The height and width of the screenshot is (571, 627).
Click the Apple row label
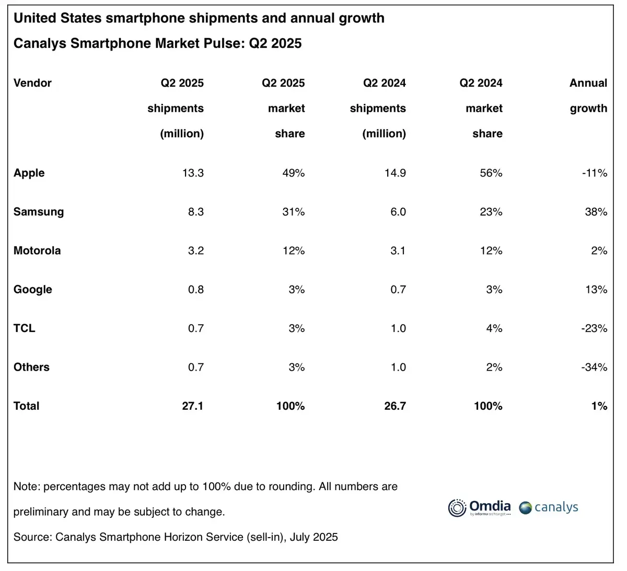[x=29, y=173]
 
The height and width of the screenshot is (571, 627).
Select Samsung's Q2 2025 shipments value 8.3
[x=196, y=212]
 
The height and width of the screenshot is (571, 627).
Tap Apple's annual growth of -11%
[x=595, y=173]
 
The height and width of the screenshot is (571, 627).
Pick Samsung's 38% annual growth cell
[x=596, y=212]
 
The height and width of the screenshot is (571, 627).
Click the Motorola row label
[x=37, y=251]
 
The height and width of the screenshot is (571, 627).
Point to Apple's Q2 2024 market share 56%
[x=491, y=173]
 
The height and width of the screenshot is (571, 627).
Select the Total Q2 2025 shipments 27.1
[x=193, y=406]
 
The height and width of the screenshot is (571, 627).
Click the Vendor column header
[x=32, y=83]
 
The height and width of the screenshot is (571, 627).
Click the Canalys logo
[x=549, y=507]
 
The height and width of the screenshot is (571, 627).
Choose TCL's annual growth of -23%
[x=595, y=328]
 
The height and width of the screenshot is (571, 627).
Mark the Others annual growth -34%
[x=595, y=367]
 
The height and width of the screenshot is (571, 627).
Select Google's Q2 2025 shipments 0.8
[x=196, y=290]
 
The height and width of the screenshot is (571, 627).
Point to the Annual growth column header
[x=588, y=96]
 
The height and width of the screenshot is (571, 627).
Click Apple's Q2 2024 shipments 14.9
[x=395, y=173]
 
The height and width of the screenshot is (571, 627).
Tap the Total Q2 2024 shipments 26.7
[x=395, y=406]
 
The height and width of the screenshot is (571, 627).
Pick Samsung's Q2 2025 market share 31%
[x=294, y=212]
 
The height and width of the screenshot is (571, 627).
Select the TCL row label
[x=25, y=328]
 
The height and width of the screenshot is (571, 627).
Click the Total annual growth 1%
[x=599, y=406]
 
